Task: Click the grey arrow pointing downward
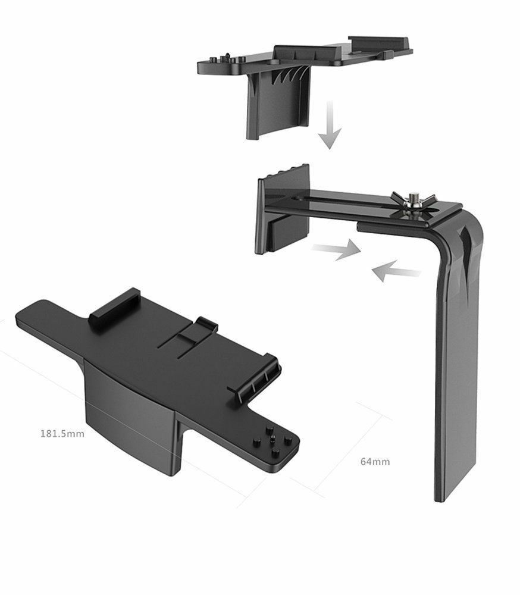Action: tap(330, 125)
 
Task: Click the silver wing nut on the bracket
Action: tap(412, 201)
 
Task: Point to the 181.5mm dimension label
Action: tap(62, 433)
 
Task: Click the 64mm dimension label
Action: tap(375, 462)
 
